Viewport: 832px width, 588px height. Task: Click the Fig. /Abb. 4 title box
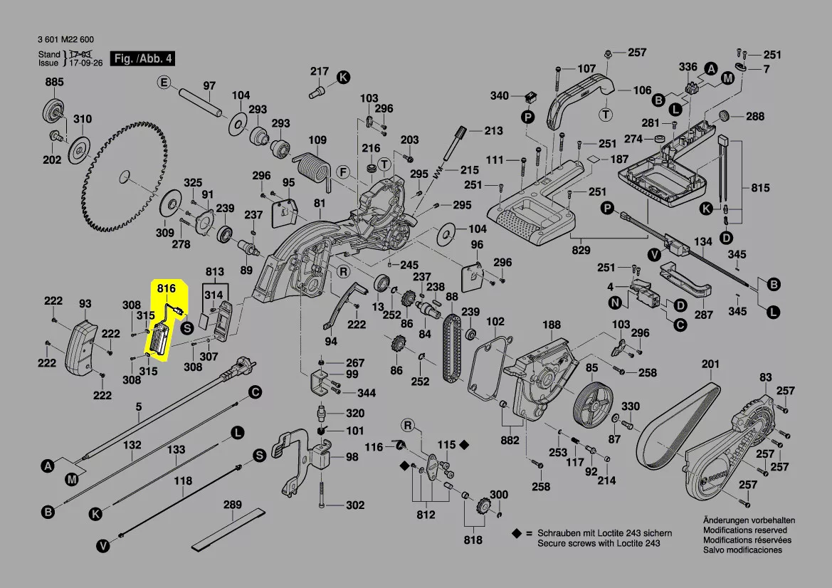142,58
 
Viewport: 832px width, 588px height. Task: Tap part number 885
54,82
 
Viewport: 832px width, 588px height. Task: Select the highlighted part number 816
166,289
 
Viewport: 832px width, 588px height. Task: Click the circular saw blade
124,177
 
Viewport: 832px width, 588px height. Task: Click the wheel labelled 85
593,403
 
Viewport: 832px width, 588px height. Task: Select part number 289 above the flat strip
233,505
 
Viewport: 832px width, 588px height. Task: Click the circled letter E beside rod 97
164,83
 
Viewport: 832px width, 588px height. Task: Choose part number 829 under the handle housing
581,250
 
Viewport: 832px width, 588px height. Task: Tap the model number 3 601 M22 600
65,39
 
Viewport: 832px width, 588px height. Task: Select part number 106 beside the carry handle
642,90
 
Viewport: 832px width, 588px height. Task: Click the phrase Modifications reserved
745,530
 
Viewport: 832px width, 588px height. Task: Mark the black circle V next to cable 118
103,545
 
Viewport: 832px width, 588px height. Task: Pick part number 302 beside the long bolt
355,505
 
